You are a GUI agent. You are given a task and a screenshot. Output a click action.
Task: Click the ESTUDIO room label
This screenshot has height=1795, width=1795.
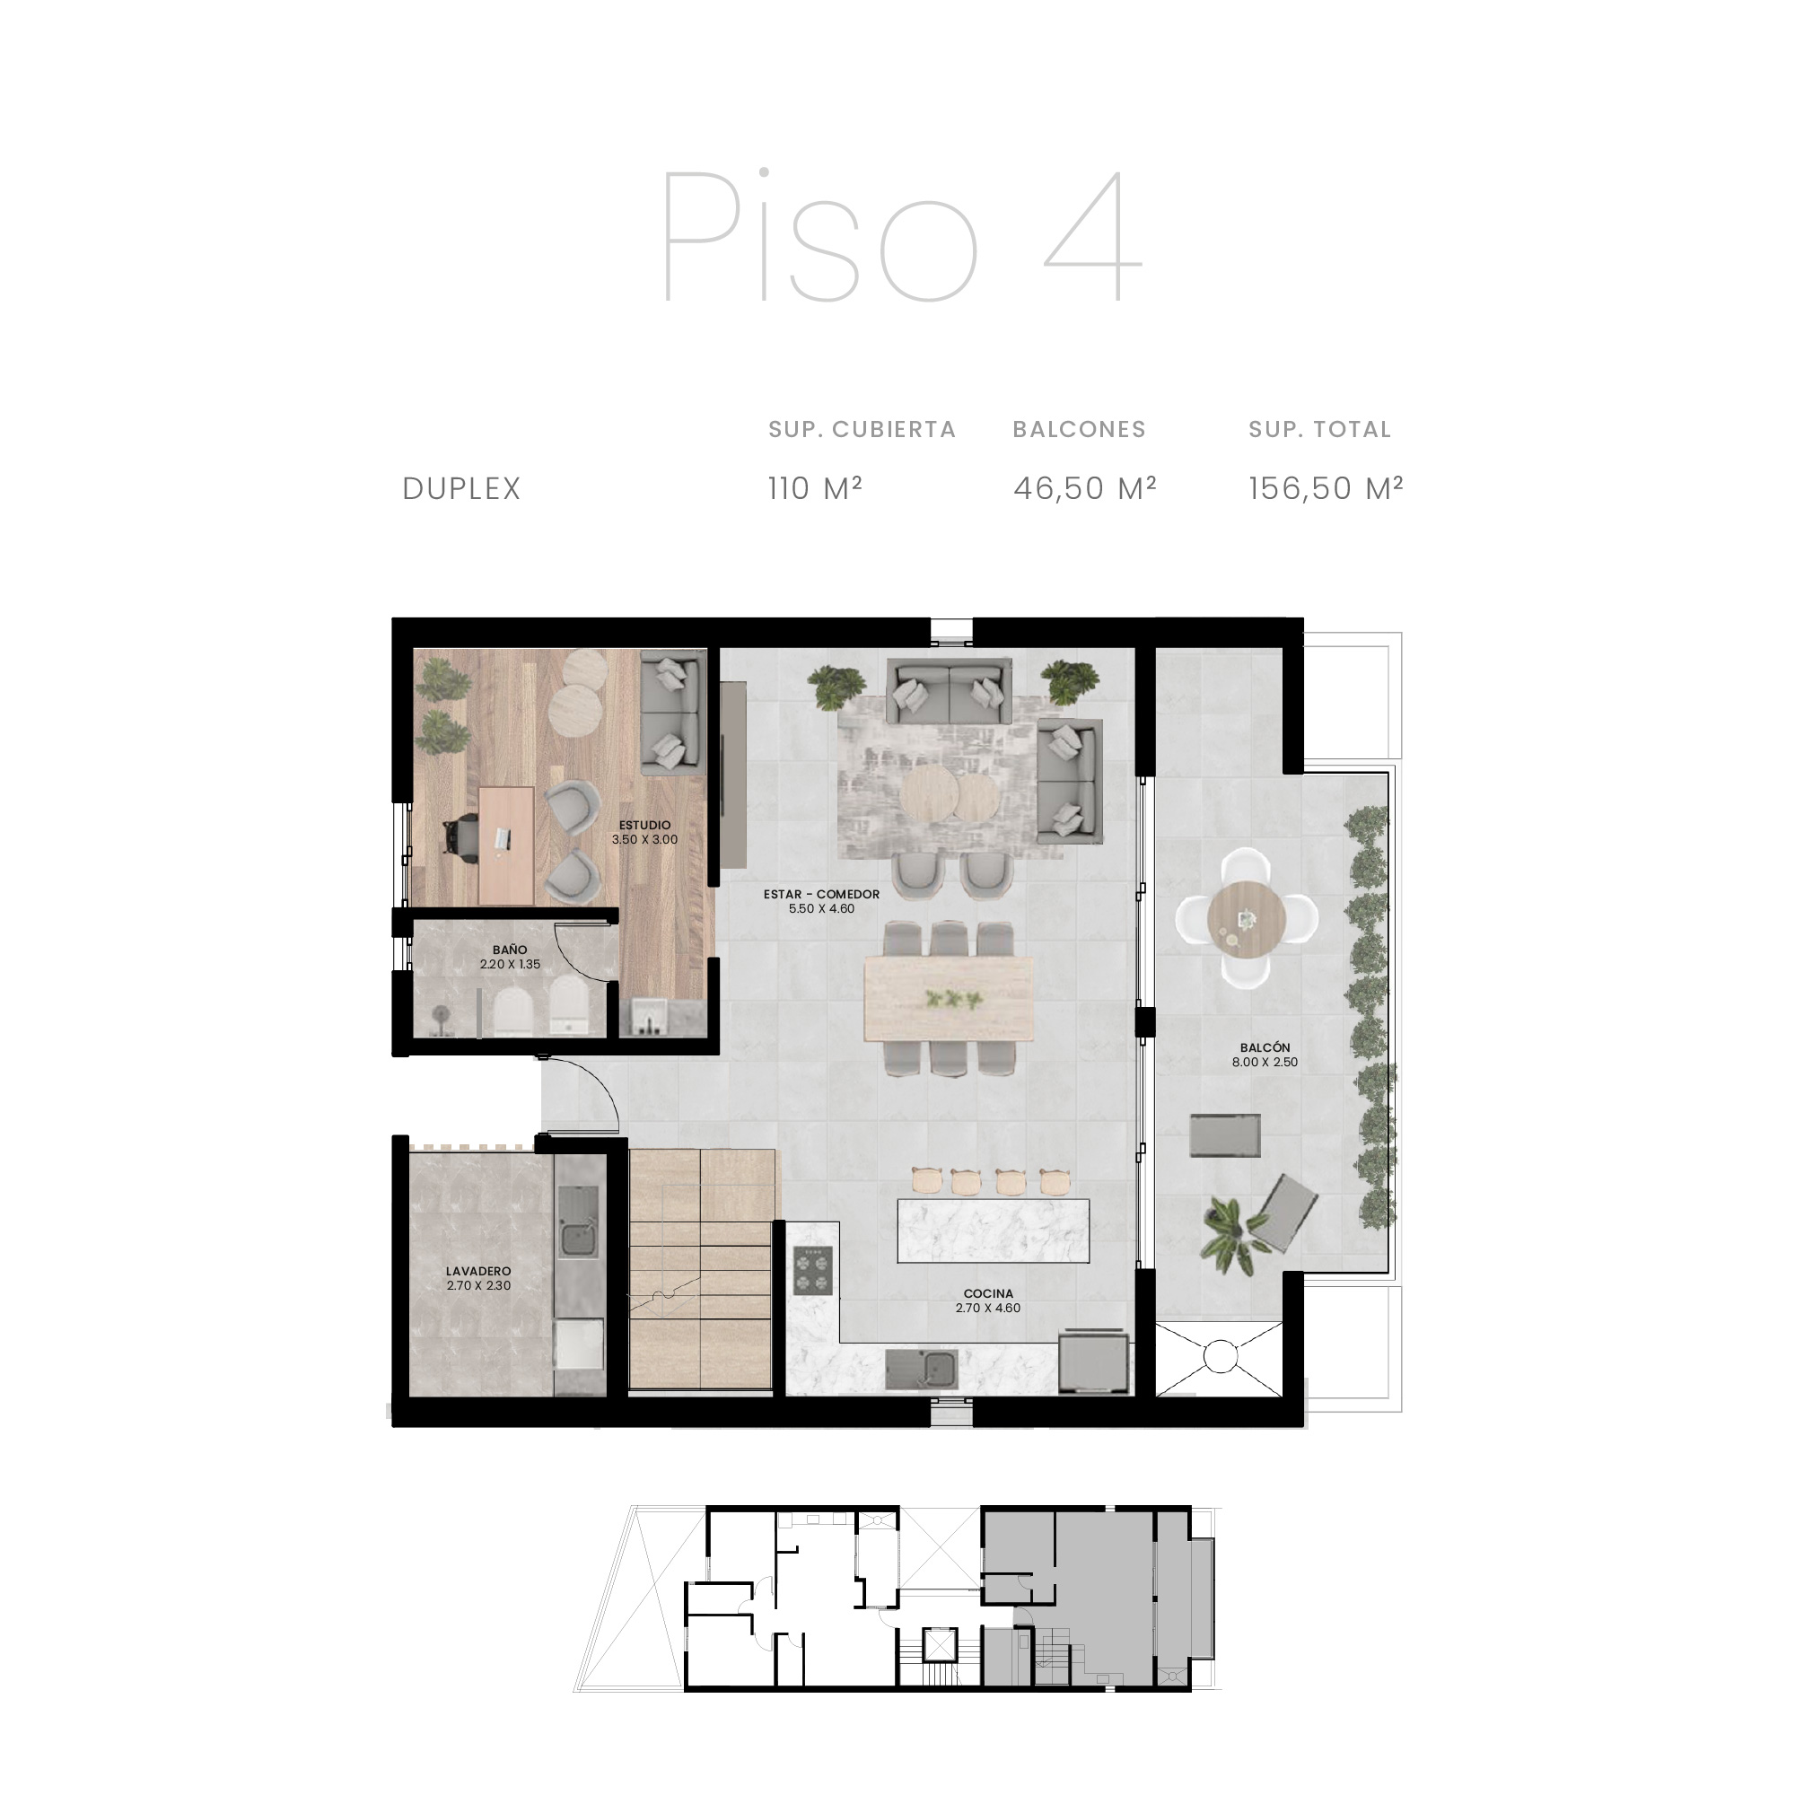point(644,825)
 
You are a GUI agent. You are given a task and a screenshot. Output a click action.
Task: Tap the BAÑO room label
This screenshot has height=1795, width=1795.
point(510,950)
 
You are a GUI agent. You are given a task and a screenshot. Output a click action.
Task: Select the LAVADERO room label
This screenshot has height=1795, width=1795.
point(478,1271)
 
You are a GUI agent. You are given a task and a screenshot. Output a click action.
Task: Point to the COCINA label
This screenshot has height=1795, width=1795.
point(988,1293)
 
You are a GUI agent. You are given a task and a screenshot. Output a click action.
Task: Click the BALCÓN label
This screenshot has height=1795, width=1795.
point(1265,1047)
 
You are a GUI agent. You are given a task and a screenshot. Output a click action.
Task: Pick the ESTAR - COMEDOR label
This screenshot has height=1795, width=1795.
point(821,894)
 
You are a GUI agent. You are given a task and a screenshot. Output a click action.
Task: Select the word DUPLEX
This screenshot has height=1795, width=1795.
point(461,489)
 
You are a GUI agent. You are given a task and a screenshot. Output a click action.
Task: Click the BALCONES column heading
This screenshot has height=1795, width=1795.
point(1080,429)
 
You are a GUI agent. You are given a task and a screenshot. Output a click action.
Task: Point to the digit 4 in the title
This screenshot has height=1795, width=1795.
point(1092,237)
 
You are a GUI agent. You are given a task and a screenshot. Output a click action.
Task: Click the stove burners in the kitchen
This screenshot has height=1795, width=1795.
point(814,1270)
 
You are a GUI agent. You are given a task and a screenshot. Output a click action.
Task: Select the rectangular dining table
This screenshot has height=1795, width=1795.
point(949,999)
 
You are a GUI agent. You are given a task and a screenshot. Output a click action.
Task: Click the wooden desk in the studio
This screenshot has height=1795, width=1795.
point(506,845)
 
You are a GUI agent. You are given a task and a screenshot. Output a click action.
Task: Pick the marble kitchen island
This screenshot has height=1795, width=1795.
point(994,1230)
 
